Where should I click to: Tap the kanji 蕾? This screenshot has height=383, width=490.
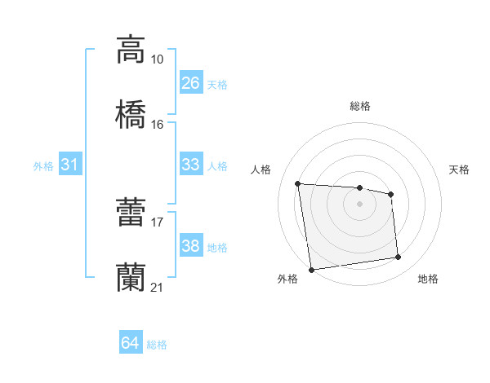[131, 213]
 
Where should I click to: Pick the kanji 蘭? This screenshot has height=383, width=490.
[131, 277]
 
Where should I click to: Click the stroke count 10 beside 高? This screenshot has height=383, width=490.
[158, 59]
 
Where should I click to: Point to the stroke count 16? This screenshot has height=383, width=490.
[158, 124]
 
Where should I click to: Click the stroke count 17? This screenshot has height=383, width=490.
[158, 222]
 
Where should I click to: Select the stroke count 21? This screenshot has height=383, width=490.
[158, 287]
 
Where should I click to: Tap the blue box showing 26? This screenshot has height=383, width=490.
[190, 82]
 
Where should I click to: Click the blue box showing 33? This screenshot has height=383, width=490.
[190, 165]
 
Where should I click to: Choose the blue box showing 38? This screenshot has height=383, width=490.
[190, 246]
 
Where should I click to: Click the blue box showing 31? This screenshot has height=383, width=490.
[70, 165]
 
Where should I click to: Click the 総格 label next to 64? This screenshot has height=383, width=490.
[157, 345]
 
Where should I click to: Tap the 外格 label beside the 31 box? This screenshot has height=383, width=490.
[43, 166]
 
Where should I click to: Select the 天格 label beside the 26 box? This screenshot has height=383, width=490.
[217, 84]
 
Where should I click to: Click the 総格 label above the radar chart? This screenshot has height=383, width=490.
[360, 106]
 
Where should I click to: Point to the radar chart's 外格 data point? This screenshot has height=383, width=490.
[311, 269]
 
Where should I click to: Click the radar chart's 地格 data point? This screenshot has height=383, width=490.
[399, 258]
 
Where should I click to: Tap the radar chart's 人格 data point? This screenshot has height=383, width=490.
[298, 183]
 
